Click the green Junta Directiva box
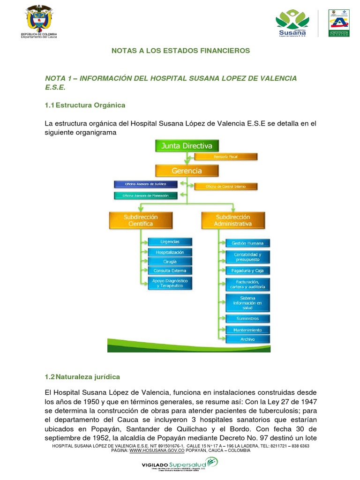click(187, 146)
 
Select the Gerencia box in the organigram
click(187, 171)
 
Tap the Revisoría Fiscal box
click(225, 157)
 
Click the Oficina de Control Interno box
click(225, 187)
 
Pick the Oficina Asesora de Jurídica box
click(146, 184)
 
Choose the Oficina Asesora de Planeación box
click(146, 195)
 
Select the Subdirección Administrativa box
click(233, 220)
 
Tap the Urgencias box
click(170, 242)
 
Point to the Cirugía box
click(170, 261)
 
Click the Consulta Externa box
click(170, 270)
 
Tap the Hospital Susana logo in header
click(292, 23)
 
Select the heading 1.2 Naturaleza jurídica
click(82, 376)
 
